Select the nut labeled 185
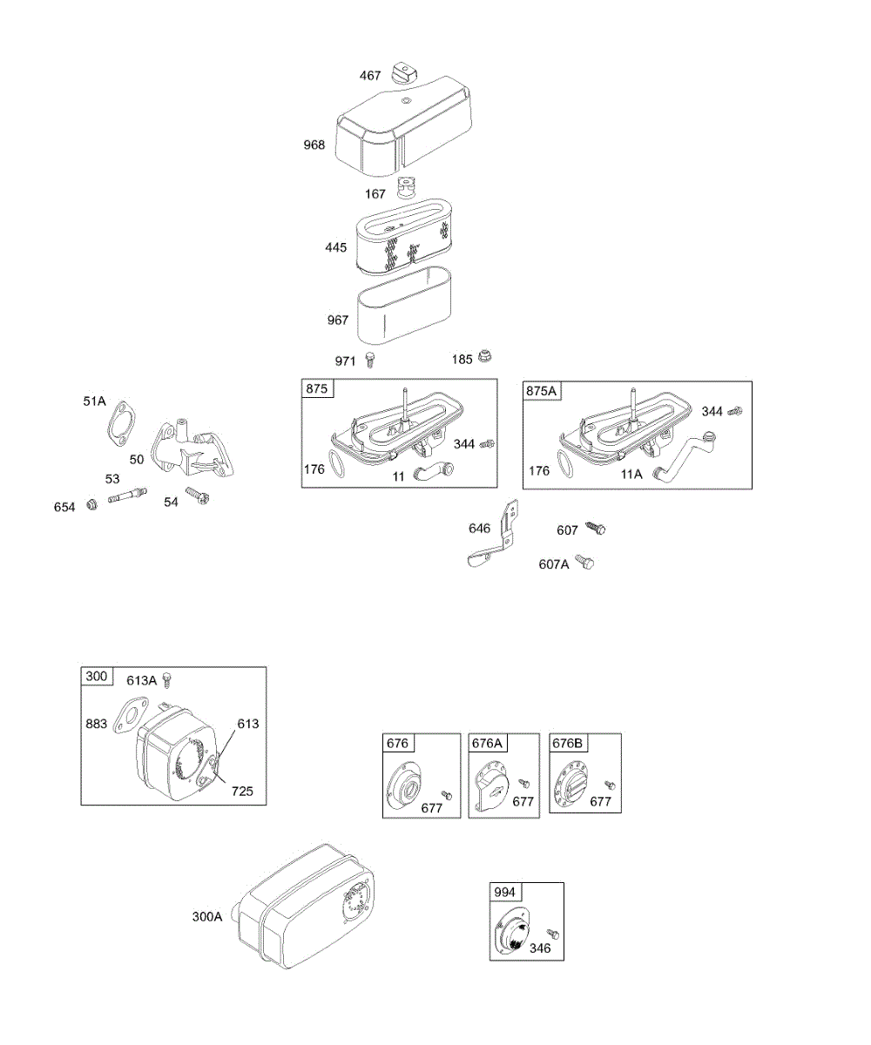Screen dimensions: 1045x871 click(485, 357)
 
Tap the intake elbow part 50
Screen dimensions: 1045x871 click(193, 448)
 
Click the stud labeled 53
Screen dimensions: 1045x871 click(127, 496)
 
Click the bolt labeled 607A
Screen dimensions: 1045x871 click(587, 563)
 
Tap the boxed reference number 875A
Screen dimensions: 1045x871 click(542, 391)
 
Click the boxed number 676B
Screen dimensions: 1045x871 click(568, 743)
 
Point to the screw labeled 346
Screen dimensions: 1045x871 click(551, 934)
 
